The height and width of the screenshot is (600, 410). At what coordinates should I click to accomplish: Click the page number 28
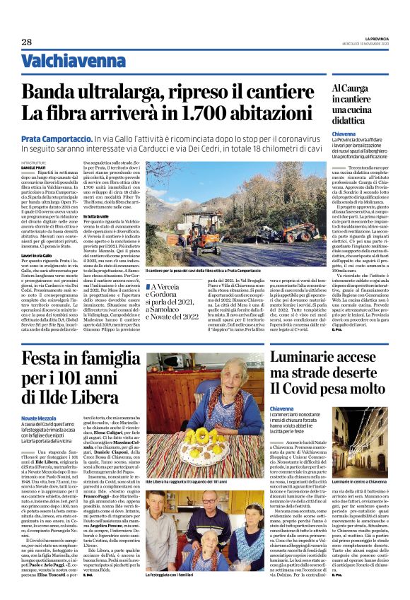tap(27, 42)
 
